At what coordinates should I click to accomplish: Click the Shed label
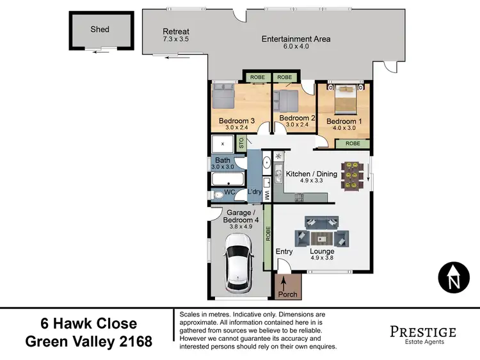point(100,29)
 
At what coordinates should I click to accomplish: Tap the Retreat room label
point(175,31)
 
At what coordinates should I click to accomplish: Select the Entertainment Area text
point(296,39)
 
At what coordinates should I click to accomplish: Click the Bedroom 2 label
point(298,119)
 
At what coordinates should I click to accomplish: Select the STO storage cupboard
point(241,142)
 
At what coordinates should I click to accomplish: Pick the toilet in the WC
point(218,195)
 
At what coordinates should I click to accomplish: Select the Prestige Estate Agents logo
point(422,334)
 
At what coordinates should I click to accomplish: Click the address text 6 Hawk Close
point(90,323)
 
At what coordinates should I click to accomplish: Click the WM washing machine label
point(267,192)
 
